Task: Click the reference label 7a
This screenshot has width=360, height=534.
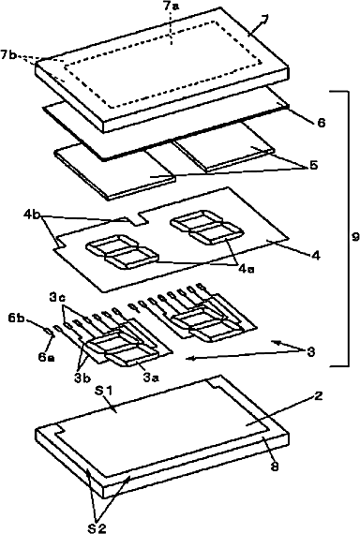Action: click(171, 7)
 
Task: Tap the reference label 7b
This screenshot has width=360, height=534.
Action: click(8, 54)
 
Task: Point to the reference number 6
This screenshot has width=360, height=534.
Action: click(322, 123)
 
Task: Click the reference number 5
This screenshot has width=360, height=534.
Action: click(313, 165)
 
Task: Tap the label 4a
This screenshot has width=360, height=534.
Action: click(247, 269)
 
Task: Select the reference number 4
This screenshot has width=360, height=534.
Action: click(316, 255)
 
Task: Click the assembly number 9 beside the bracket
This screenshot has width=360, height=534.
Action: click(355, 237)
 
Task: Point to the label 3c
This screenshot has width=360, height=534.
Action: click(57, 298)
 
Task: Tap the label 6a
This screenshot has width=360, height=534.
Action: click(46, 357)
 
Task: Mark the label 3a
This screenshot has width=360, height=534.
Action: click(151, 378)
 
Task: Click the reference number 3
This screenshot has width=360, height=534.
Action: click(310, 352)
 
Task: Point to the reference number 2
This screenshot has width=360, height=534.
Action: click(319, 396)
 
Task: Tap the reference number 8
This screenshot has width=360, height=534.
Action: click(275, 466)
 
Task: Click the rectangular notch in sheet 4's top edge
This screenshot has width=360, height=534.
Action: click(139, 217)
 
